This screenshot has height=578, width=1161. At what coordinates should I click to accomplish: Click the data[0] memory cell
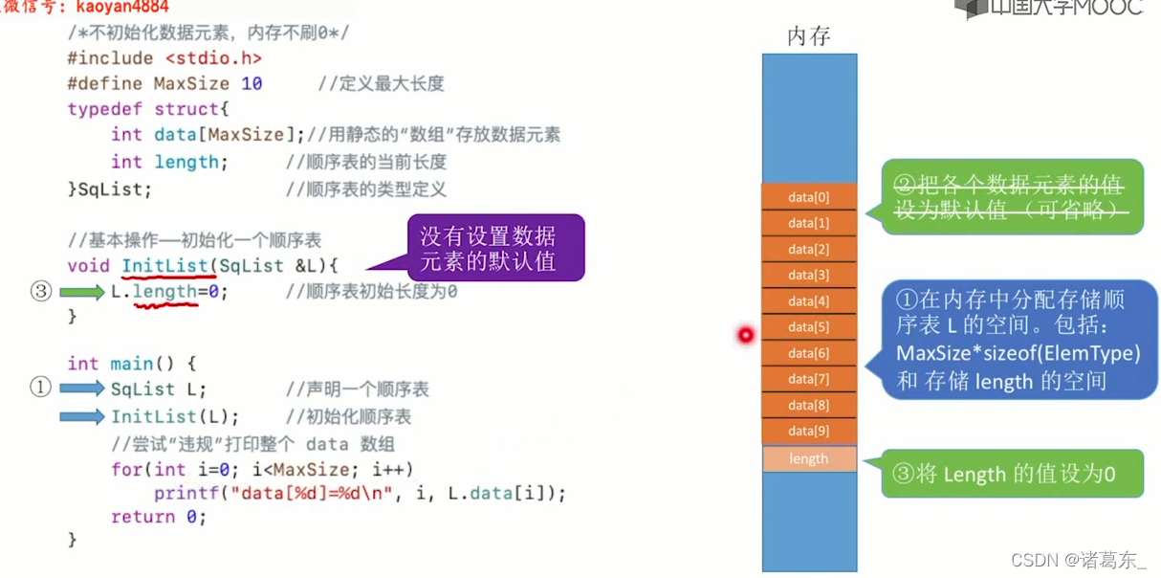(x=809, y=197)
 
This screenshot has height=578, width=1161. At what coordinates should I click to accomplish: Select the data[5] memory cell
(x=809, y=327)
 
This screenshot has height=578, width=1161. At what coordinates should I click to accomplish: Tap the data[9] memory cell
(x=809, y=431)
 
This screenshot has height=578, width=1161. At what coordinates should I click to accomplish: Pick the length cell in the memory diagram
(x=809, y=458)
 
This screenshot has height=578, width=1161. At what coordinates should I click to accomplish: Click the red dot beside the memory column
(x=745, y=334)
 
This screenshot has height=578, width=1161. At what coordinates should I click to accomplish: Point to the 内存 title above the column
(x=809, y=36)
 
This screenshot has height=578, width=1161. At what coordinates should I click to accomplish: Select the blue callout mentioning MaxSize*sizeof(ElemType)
(x=1018, y=341)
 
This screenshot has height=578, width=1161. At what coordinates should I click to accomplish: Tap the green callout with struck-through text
(x=1012, y=197)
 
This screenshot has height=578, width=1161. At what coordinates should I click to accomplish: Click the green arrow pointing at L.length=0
(x=81, y=292)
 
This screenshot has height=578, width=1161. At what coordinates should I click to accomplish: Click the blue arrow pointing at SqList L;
(x=81, y=389)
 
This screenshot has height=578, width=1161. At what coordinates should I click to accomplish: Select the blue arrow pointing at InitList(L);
(x=81, y=416)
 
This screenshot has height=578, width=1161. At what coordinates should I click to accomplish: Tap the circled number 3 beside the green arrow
(x=40, y=292)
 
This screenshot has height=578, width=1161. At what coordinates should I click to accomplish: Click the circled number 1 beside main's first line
(x=40, y=388)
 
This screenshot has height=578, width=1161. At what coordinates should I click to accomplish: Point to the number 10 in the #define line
(x=252, y=84)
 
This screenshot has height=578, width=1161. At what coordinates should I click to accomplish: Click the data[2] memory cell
(x=809, y=249)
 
